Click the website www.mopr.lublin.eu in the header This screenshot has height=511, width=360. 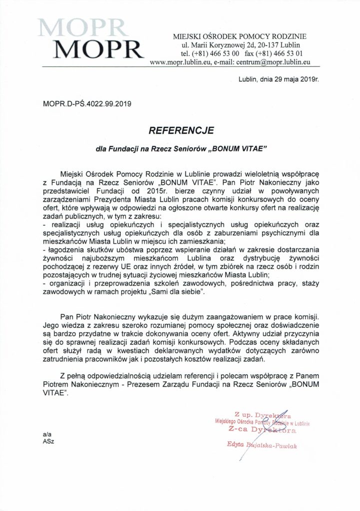click(180, 62)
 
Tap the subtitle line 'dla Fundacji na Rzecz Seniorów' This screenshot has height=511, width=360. click(149, 148)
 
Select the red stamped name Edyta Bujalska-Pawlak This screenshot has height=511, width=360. click(261, 446)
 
